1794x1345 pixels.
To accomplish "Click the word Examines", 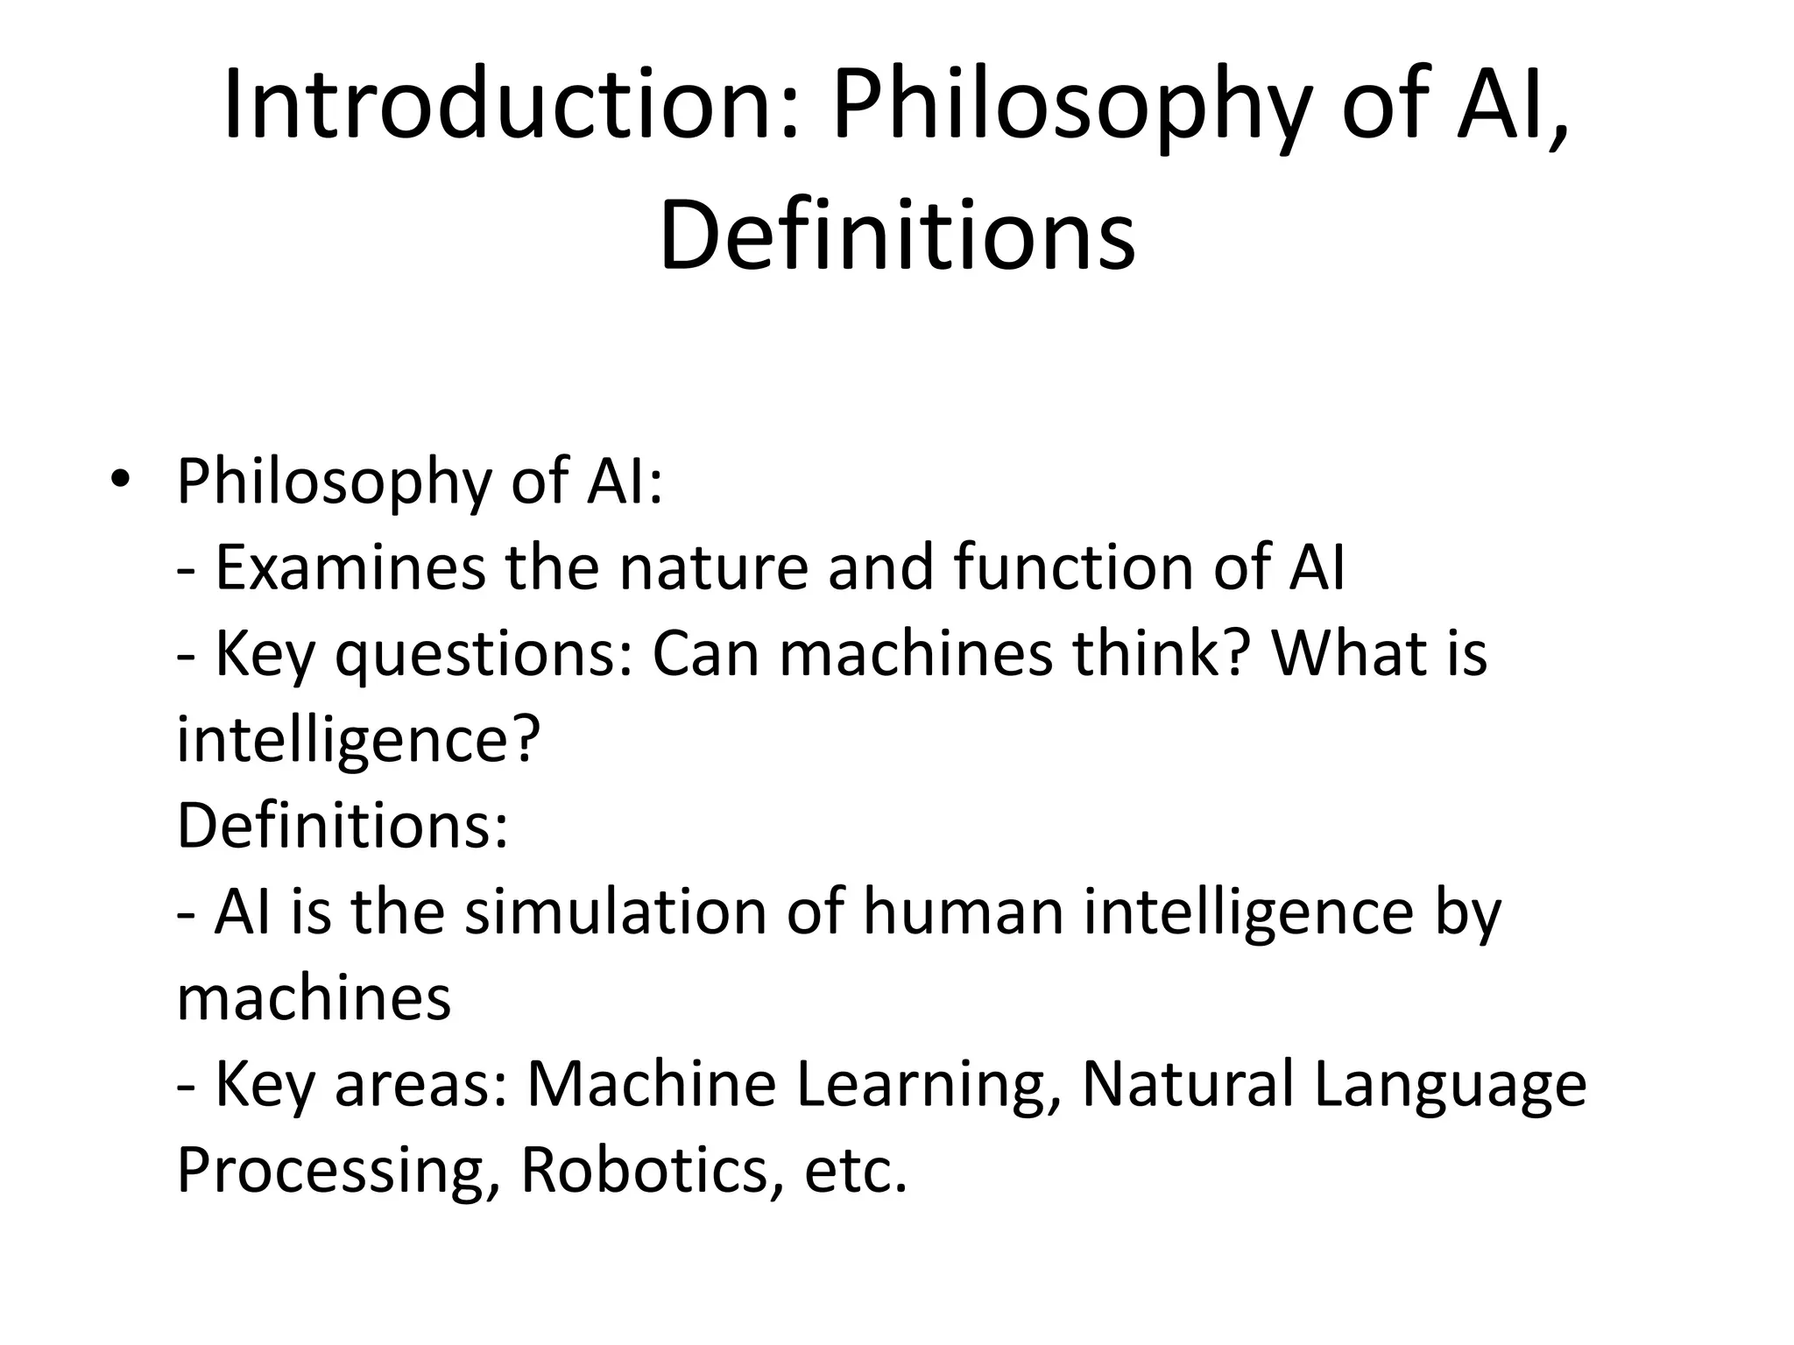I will point(350,567).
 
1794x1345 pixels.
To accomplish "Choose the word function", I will point(1074,567).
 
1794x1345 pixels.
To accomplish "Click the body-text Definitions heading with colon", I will point(343,825).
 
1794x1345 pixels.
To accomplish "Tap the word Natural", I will point(1188,1084).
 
